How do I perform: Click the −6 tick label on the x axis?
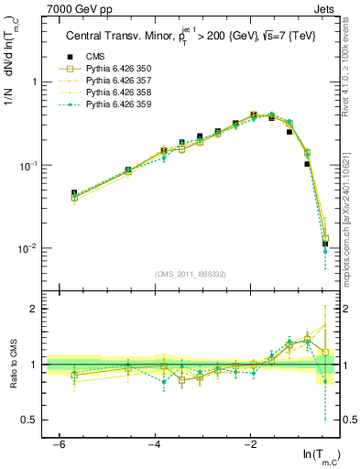pyautogui.click(x=58, y=442)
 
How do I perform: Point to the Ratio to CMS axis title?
pyautogui.click(x=11, y=365)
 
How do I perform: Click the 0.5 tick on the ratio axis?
pyautogui.click(x=30, y=420)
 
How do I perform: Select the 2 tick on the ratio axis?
pyautogui.click(x=35, y=309)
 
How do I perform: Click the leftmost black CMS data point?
pyautogui.click(x=74, y=193)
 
